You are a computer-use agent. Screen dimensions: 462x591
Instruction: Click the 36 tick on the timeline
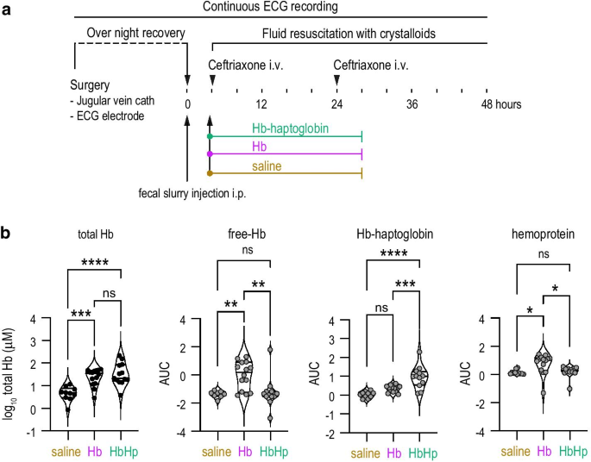(x=412, y=104)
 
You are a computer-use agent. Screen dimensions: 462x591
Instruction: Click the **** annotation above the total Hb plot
(x=94, y=261)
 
